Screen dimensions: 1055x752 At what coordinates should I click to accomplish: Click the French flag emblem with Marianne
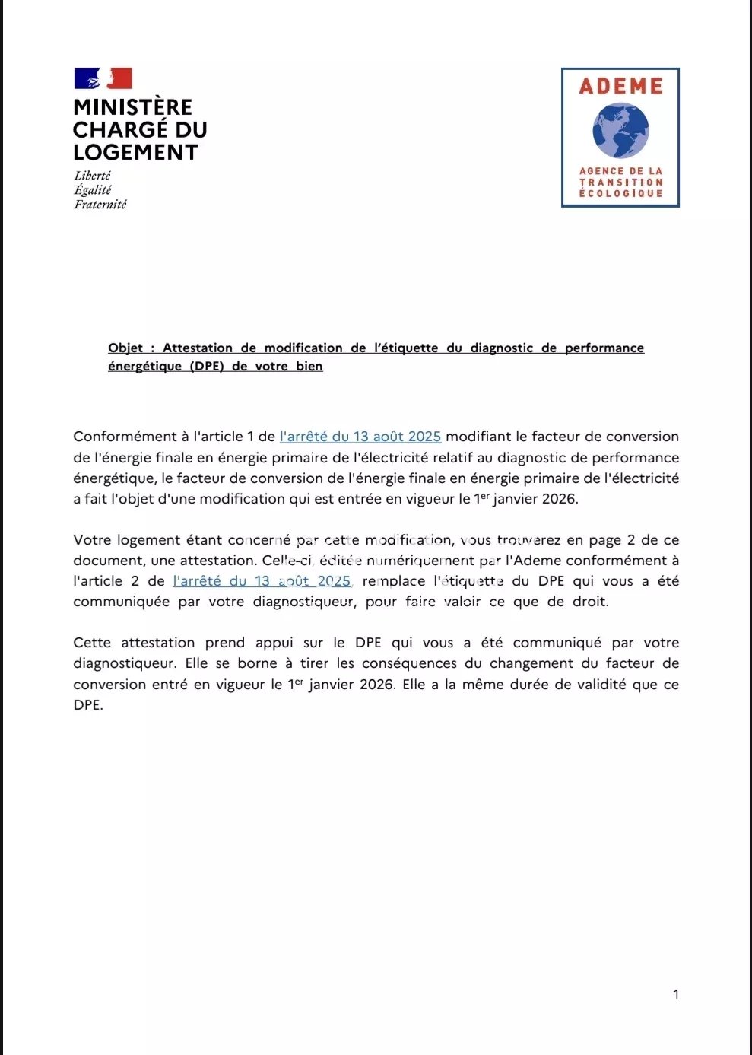(103, 78)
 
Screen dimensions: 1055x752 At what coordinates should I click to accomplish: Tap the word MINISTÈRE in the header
(133, 107)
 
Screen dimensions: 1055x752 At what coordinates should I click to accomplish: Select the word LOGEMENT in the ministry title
(135, 153)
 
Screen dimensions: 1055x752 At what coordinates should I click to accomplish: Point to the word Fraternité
(100, 205)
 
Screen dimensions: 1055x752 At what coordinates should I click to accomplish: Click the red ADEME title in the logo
(620, 87)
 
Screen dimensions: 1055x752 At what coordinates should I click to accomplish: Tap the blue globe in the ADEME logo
(620, 131)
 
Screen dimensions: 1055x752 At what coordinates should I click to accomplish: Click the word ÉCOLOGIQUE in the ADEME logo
(620, 194)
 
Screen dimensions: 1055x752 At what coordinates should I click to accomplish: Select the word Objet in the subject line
(125, 348)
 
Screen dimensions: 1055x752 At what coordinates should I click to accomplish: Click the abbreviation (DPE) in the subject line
(207, 367)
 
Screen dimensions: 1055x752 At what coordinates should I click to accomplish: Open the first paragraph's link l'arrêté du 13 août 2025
(360, 437)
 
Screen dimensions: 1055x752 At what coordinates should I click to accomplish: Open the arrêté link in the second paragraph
(262, 581)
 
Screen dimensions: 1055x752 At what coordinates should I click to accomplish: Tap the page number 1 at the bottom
(676, 994)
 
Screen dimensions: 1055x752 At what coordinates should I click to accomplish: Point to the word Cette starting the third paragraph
(93, 643)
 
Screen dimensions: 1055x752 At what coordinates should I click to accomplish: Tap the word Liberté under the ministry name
(92, 176)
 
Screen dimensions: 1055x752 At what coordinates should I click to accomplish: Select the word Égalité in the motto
(93, 190)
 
